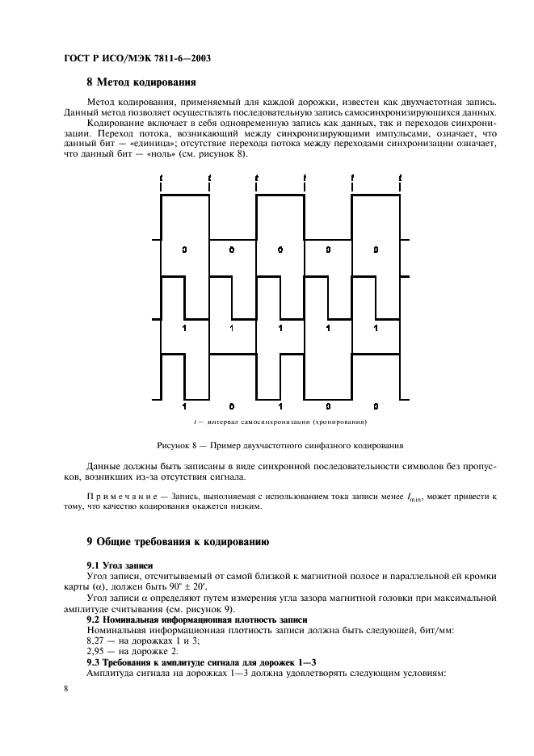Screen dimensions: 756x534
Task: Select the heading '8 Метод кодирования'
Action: tap(140, 82)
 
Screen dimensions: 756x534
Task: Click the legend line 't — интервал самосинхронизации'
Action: tap(280, 422)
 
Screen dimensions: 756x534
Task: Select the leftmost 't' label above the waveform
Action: tap(162, 177)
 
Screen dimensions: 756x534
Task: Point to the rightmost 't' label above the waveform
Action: tap(400, 177)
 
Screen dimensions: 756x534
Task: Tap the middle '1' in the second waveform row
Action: tap(280, 328)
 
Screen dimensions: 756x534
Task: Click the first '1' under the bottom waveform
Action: tap(184, 405)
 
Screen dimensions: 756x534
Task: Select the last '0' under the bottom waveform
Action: tap(376, 405)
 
